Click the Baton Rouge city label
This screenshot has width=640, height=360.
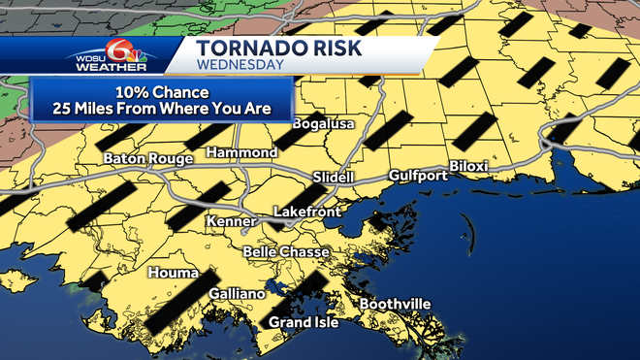(x=142, y=157)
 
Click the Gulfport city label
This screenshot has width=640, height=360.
(x=418, y=176)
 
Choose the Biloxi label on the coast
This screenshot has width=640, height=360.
(x=468, y=167)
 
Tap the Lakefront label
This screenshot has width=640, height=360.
(x=304, y=211)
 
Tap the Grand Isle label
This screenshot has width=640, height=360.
(x=304, y=322)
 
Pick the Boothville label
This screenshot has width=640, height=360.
(x=395, y=305)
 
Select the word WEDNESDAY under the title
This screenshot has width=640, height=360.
(x=240, y=66)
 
